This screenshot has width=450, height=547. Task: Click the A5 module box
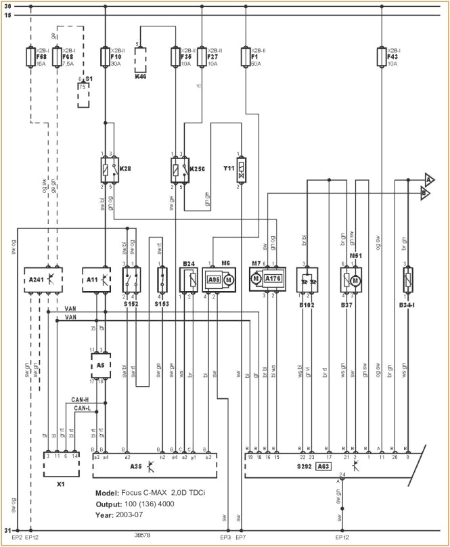(x=99, y=366)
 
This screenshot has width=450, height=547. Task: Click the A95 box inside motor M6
(x=214, y=279)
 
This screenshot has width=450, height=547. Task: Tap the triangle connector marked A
(x=428, y=179)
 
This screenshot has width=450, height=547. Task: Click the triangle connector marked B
(x=424, y=193)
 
